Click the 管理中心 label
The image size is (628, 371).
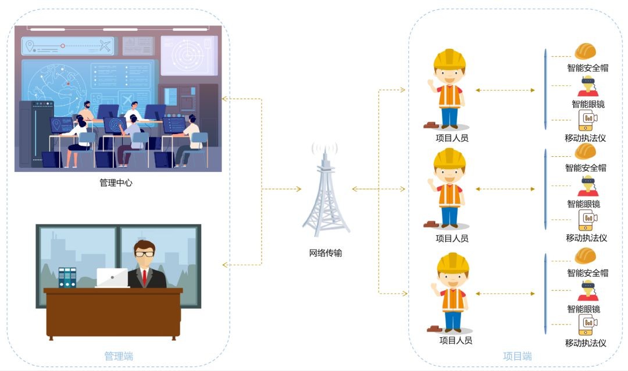pos(116,182)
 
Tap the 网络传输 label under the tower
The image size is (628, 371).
pos(325,253)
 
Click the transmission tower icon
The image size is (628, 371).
pos(325,192)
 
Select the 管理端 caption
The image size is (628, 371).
pos(119,355)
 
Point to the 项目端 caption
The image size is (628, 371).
pos(517,356)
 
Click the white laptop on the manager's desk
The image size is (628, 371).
pos(112,278)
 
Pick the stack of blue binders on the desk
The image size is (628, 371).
pos(67,277)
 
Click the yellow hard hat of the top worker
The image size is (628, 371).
pos(449,59)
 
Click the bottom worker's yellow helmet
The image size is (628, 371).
pos(452,263)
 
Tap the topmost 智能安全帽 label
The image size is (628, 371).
pos(587,68)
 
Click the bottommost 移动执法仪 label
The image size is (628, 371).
pos(586,343)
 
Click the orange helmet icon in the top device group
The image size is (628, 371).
pos(586,52)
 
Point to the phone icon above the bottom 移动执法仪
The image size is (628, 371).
pos(587,323)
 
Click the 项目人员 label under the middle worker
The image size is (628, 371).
pos(452,238)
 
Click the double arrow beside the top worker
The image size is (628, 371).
pos(504,90)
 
